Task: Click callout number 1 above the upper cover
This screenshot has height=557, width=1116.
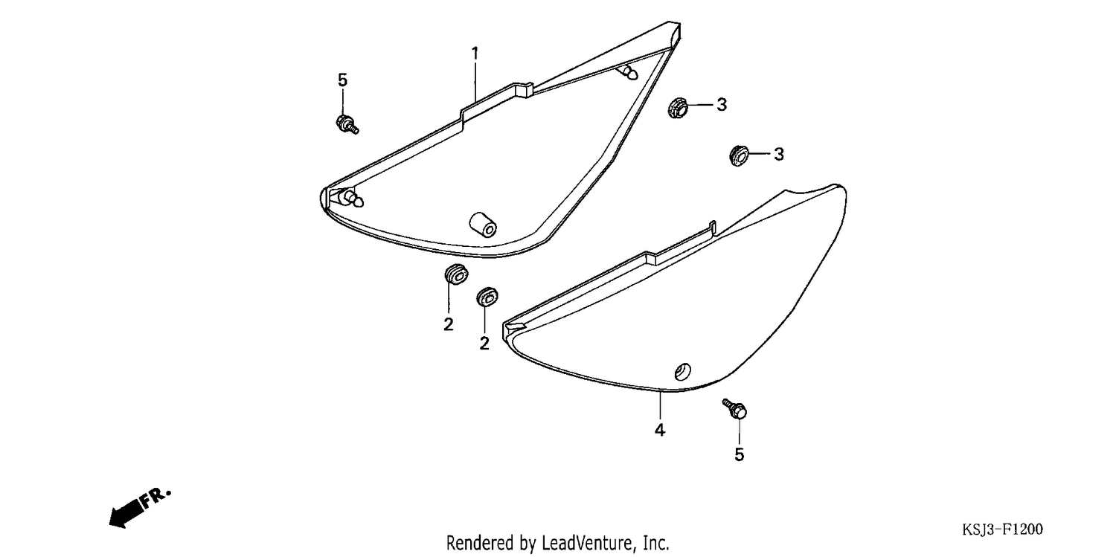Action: click(x=475, y=54)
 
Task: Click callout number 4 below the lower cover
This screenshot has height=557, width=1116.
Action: click(x=660, y=430)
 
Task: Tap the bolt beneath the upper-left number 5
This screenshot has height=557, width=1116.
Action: click(x=347, y=124)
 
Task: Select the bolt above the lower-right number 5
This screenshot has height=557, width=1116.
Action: click(x=735, y=409)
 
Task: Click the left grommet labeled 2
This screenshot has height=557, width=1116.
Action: click(x=456, y=274)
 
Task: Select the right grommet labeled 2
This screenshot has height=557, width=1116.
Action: click(x=487, y=297)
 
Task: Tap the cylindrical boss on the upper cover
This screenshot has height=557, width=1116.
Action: click(x=483, y=225)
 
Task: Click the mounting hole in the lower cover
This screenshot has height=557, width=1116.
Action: click(x=682, y=372)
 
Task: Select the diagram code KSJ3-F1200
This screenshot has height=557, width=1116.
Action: click(x=1002, y=529)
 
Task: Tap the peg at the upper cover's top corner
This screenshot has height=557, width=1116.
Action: click(x=627, y=73)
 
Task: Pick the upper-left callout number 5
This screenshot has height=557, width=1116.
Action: click(x=342, y=80)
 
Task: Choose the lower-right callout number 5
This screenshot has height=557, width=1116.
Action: click(x=740, y=454)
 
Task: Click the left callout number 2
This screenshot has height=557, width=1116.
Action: click(x=449, y=324)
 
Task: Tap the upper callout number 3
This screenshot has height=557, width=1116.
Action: click(x=722, y=105)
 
